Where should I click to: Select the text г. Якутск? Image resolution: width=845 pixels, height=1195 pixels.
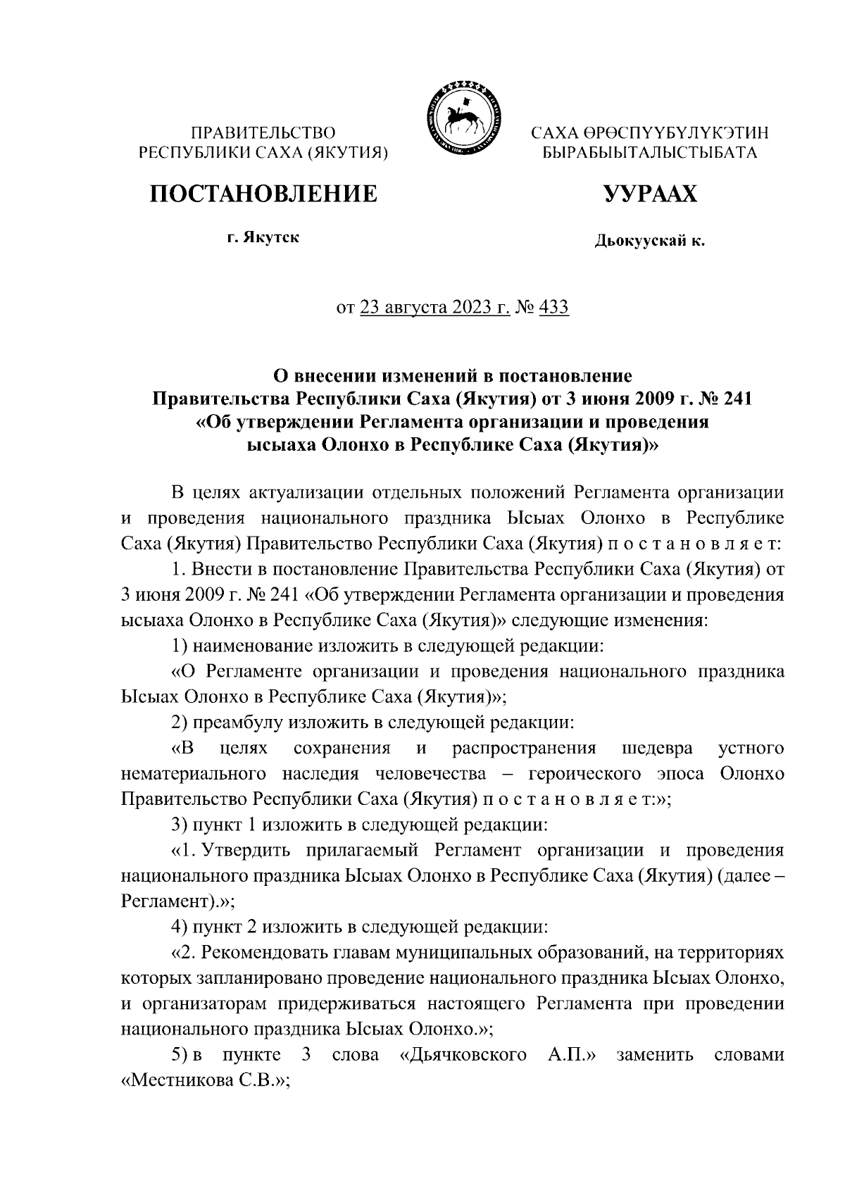[263, 237]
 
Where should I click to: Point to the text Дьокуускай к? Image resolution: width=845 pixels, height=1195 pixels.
[649, 242]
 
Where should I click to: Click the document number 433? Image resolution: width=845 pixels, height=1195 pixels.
[553, 307]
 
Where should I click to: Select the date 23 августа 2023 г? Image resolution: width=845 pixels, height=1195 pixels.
[434, 307]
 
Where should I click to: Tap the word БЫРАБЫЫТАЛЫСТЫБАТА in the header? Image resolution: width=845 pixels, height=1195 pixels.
[649, 151]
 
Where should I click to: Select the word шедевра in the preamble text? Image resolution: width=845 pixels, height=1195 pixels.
[657, 748]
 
